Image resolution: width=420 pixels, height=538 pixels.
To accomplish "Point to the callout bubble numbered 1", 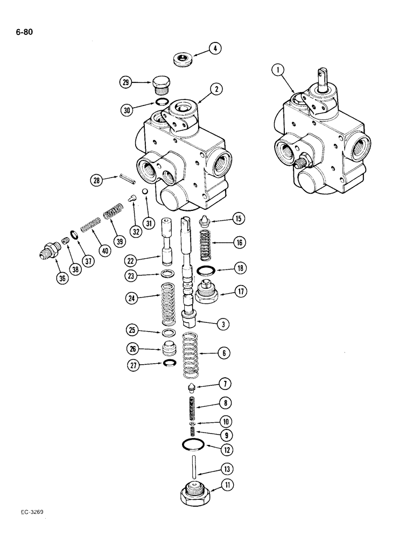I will tap(278, 68).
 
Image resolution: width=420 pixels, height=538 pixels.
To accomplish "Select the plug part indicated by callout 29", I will tap(159, 84).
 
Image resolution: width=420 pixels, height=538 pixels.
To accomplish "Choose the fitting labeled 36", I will tap(50, 251).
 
